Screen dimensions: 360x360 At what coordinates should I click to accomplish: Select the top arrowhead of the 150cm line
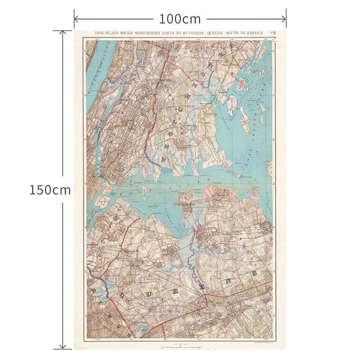[63, 32]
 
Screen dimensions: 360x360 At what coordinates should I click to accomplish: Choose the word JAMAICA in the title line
[258, 33]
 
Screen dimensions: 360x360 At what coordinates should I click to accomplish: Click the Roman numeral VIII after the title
[281, 33]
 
